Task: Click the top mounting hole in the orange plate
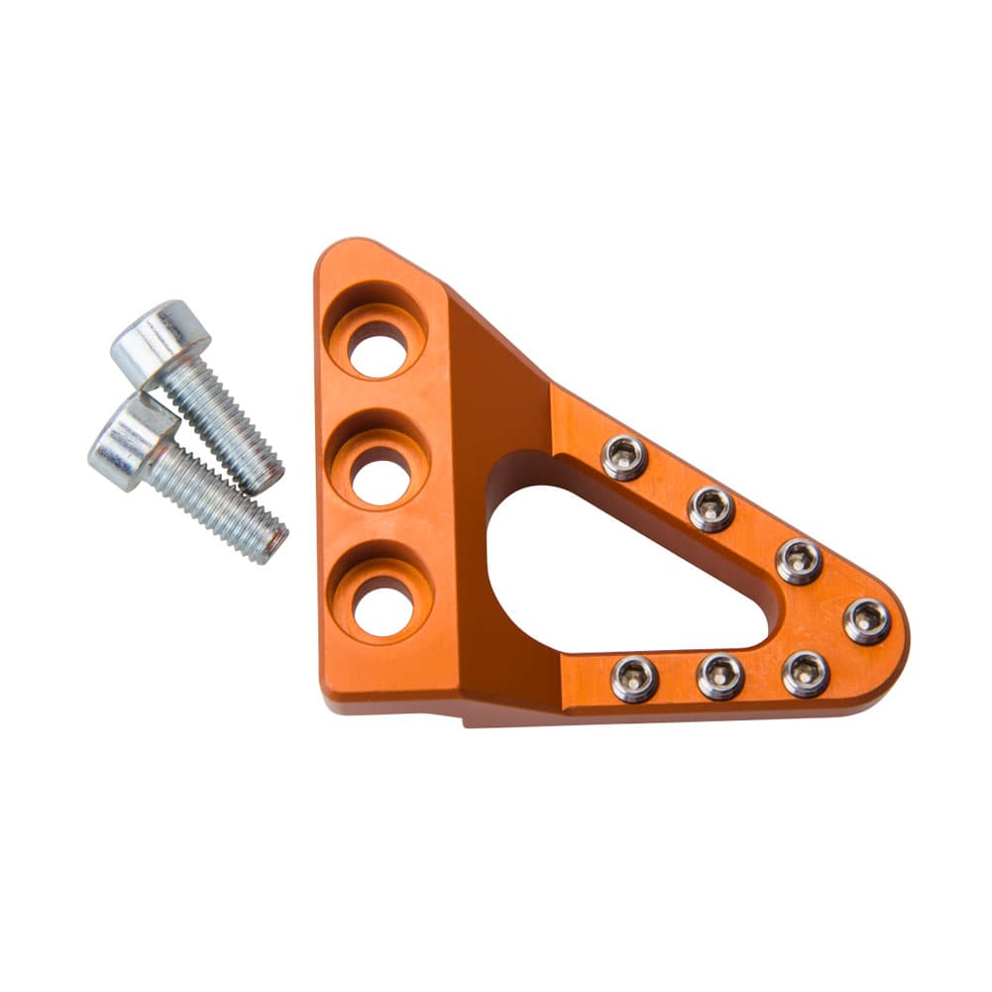tap(377, 350)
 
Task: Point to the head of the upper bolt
tap(160, 342)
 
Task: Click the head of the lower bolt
tap(132, 440)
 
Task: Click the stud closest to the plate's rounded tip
tap(866, 621)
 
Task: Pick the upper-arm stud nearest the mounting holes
tap(624, 457)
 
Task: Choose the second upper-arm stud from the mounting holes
tap(712, 508)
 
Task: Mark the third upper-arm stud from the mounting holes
tap(798, 560)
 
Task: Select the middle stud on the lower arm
tap(720, 676)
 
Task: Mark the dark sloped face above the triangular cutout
tap(496, 386)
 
